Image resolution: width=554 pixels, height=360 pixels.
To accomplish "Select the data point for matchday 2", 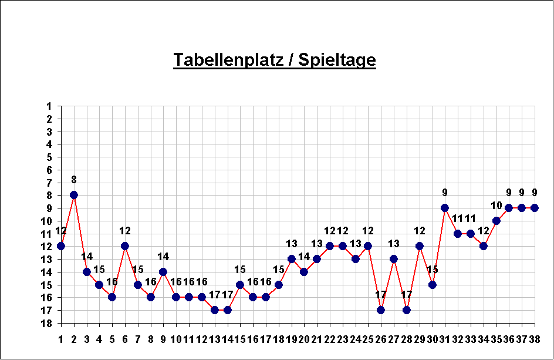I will pyautogui.click(x=74, y=195).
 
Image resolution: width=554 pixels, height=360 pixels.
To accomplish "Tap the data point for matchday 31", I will pyautogui.click(x=445, y=208).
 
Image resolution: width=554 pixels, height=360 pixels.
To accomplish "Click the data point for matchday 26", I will pyautogui.click(x=381, y=310).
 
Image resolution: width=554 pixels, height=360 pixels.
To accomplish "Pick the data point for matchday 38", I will pyautogui.click(x=535, y=208).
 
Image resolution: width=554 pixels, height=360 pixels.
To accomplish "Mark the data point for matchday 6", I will pyautogui.click(x=125, y=246).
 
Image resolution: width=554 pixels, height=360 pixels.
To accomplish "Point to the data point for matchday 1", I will pyautogui.click(x=61, y=246).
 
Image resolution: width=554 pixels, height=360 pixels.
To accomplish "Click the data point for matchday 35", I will pyautogui.click(x=496, y=221).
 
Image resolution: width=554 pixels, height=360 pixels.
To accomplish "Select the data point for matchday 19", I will pyautogui.click(x=292, y=259).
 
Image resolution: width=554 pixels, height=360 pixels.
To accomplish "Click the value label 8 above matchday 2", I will pyautogui.click(x=74, y=180).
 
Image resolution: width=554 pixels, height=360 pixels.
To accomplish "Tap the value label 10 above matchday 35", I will pyautogui.click(x=496, y=206).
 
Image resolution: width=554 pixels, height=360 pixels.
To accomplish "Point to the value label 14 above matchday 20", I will pyautogui.click(x=304, y=257).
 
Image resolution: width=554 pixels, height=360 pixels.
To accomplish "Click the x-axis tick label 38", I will pyautogui.click(x=535, y=339).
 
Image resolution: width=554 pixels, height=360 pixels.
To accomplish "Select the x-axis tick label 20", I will pyautogui.click(x=304, y=339).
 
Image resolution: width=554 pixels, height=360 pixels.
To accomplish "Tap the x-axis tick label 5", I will pyautogui.click(x=112, y=339).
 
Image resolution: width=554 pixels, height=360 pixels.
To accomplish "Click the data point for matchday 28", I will pyautogui.click(x=407, y=310).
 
